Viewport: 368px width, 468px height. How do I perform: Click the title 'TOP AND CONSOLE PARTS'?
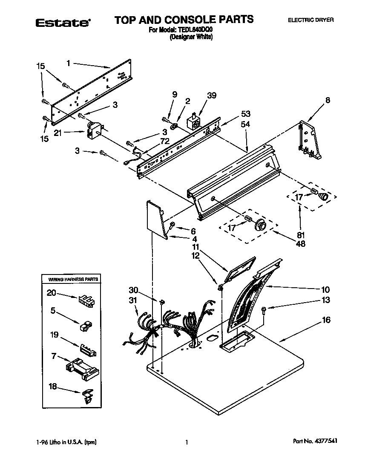pos(184,19)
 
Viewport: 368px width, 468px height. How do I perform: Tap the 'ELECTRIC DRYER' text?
pos(311,20)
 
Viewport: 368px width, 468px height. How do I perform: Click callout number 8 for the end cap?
pos(327,100)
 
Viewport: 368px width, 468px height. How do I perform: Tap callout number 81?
pos(301,235)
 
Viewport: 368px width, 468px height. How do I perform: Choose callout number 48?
pos(301,244)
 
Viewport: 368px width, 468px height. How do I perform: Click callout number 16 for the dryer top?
pos(326,320)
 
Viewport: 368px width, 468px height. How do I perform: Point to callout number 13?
pos(326,300)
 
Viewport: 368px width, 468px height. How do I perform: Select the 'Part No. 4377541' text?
pos(315,442)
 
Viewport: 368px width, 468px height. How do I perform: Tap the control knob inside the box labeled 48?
pos(260,225)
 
